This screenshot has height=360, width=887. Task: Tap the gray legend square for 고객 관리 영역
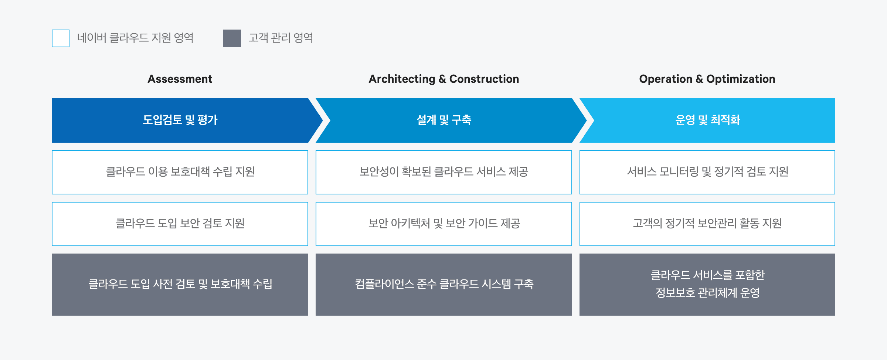232,38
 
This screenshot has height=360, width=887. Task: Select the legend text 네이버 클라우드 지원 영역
135,38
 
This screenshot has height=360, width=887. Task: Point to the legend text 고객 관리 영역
281,38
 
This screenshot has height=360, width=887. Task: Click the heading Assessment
180,79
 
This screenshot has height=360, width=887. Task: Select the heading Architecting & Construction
444,79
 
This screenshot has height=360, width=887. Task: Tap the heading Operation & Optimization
707,79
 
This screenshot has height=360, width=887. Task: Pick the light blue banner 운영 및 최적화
707,120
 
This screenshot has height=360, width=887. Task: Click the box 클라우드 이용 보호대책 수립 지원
180,172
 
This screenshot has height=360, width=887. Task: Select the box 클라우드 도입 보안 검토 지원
180,224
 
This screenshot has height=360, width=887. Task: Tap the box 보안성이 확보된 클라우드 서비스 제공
444,172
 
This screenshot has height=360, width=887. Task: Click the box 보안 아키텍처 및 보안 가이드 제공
444,224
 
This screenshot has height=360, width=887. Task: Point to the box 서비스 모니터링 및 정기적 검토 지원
707,172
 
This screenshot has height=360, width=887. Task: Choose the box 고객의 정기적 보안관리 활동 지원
707,224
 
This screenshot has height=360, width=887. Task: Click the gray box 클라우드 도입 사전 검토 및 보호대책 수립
180,285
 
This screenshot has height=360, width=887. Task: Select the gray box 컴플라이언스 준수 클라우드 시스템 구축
444,285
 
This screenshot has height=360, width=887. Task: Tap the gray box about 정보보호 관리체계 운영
707,285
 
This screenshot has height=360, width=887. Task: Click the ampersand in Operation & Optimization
699,79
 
